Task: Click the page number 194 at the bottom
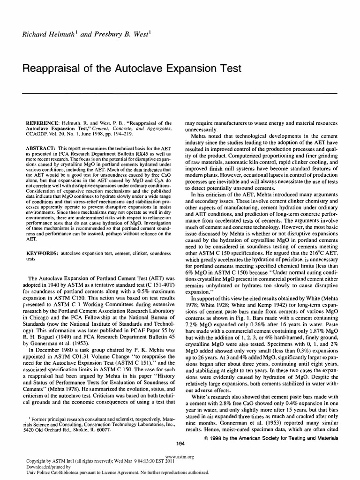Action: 180,443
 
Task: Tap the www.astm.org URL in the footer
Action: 180,456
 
